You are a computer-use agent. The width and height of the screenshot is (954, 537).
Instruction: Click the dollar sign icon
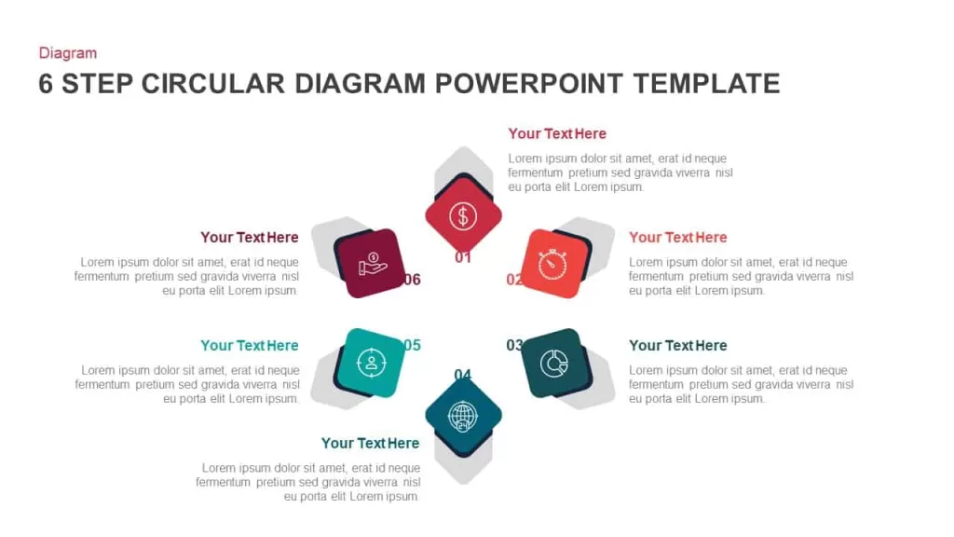(x=463, y=216)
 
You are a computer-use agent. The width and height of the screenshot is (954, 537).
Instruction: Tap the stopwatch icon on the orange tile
(x=552, y=264)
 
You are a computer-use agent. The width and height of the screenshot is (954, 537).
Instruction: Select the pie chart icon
(x=553, y=364)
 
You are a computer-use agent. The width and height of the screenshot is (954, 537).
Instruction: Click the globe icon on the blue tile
(x=463, y=417)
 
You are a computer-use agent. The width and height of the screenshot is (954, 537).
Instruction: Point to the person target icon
(x=371, y=363)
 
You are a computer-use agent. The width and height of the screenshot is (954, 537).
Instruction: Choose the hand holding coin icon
(x=373, y=264)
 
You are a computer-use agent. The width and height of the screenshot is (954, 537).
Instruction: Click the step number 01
(x=463, y=257)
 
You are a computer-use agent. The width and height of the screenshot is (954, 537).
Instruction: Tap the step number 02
(x=514, y=280)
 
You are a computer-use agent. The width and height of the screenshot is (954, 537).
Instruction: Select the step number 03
(x=514, y=345)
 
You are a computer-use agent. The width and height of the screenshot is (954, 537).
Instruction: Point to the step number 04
(x=463, y=375)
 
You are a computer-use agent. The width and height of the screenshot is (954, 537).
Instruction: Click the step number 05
(x=413, y=345)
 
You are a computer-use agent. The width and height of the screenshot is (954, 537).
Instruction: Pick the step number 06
(x=413, y=280)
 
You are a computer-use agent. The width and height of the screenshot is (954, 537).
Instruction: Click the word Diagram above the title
(x=67, y=53)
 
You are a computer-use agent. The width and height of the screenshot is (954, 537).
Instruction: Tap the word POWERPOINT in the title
(x=529, y=83)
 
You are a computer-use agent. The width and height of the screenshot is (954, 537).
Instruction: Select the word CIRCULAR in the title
(x=213, y=83)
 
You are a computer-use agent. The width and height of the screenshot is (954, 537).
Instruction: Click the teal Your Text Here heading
(x=250, y=345)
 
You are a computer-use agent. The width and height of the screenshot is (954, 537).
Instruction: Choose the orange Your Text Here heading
(x=678, y=238)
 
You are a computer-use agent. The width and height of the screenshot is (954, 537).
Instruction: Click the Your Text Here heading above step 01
(x=557, y=134)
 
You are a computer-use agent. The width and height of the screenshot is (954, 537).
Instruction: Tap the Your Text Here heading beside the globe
(x=370, y=443)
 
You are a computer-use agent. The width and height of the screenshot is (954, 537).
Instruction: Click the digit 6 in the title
(x=46, y=83)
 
